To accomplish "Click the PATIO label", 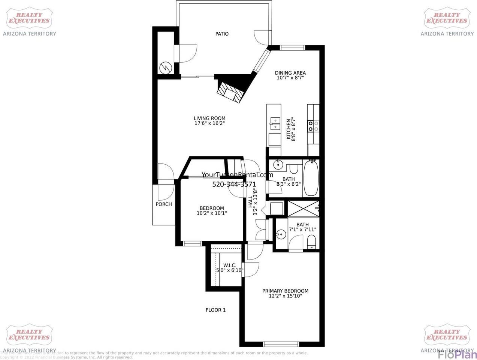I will coord(222,34).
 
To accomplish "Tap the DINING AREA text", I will coord(290,73).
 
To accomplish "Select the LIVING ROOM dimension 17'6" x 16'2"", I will coord(209,123).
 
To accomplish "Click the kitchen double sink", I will coord(275,123).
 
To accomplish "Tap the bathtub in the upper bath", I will coord(311,178).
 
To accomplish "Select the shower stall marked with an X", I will coord(303,208).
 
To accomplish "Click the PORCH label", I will coord(164,204).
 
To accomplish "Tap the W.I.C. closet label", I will coord(230,265).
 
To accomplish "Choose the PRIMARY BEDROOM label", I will coord(285,291).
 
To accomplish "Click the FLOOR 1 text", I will coord(215,310).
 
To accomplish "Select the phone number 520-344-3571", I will coord(234,184).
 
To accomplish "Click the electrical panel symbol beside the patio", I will coord(165,67).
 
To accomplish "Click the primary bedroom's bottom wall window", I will coord(281,344).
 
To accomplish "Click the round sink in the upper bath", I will coord(278,164).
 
